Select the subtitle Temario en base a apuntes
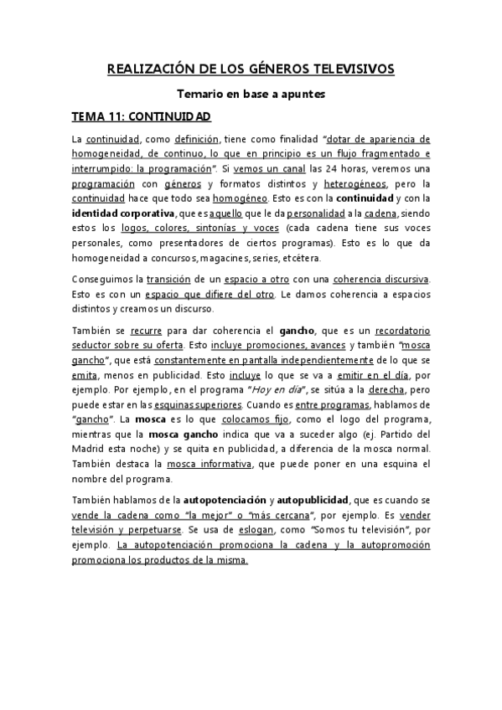(x=251, y=95)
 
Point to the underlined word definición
(x=196, y=139)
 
